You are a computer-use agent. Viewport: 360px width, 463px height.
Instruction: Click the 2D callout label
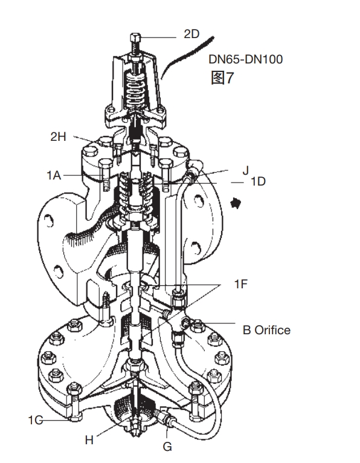[191, 34]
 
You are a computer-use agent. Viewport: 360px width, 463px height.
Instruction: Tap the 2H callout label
[59, 137]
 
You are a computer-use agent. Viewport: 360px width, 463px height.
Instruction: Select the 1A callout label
[54, 175]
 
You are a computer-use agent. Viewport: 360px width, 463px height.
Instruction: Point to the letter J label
[245, 170]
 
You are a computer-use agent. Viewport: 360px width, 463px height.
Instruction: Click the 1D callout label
[258, 181]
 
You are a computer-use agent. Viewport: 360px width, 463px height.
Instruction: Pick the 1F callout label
[241, 283]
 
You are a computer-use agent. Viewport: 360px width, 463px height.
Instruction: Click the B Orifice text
[266, 330]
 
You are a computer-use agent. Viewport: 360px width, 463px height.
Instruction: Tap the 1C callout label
[36, 420]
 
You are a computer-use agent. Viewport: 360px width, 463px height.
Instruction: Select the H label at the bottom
[89, 440]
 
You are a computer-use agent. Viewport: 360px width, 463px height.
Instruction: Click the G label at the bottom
[167, 447]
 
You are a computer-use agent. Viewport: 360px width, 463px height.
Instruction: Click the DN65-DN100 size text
[245, 59]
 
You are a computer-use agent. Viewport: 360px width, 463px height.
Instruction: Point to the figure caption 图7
[222, 77]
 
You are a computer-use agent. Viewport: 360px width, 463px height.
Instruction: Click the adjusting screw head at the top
[135, 37]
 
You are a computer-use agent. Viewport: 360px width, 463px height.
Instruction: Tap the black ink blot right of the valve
[235, 203]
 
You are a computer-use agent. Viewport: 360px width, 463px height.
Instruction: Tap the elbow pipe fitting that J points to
[193, 171]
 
